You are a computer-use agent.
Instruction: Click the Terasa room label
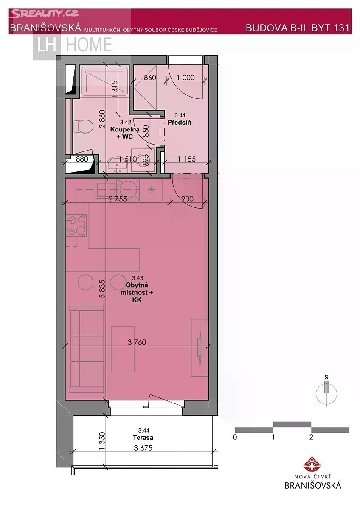(x=143, y=437)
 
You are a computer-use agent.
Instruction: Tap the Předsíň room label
(x=180, y=123)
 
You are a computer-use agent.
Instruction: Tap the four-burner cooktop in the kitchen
(x=76, y=225)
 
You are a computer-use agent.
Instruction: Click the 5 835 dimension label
(x=102, y=289)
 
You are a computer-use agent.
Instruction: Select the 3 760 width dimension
(x=137, y=342)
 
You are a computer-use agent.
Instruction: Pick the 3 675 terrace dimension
(x=143, y=448)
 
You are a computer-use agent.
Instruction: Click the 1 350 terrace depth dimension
(x=102, y=441)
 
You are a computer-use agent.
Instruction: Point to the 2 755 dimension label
(x=118, y=199)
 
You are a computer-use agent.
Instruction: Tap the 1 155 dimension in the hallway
(x=187, y=159)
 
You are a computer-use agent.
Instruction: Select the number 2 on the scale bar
(x=311, y=437)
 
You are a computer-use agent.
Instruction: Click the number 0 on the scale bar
(x=235, y=437)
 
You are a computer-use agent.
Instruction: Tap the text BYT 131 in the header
(x=330, y=28)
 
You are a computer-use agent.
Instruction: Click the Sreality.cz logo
(x=45, y=14)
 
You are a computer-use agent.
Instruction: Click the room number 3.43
(x=138, y=278)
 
